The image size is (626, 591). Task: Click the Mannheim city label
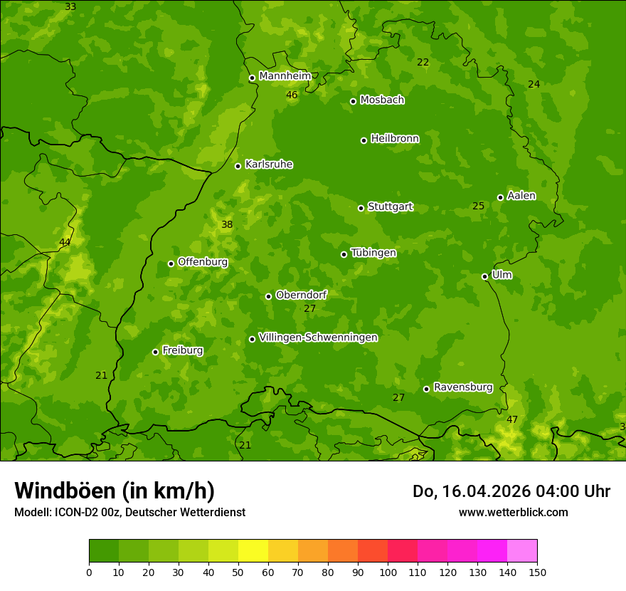pyautogui.click(x=285, y=76)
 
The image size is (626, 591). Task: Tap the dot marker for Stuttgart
pyautogui.click(x=361, y=208)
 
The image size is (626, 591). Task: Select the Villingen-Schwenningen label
pyautogui.click(x=318, y=338)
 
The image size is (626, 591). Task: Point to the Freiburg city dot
pyautogui.click(x=156, y=352)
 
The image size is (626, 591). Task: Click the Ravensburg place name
pyautogui.click(x=463, y=387)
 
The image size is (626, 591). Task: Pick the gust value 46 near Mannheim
pyautogui.click(x=292, y=95)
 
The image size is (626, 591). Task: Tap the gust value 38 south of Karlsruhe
pyautogui.click(x=227, y=224)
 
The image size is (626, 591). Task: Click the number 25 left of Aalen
pyautogui.click(x=479, y=206)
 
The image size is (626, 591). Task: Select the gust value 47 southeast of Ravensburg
pyautogui.click(x=512, y=419)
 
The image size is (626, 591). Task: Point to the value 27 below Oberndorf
pyautogui.click(x=309, y=308)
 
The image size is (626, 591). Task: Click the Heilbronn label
pyautogui.click(x=395, y=139)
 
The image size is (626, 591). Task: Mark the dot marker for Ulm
pyautogui.click(x=485, y=276)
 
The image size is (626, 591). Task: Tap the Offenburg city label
pyautogui.click(x=203, y=262)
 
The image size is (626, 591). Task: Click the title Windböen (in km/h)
pyautogui.click(x=115, y=491)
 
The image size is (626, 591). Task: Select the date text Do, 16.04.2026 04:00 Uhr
pyautogui.click(x=511, y=491)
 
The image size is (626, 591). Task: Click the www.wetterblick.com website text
pyautogui.click(x=513, y=512)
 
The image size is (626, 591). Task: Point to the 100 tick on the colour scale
pyautogui.click(x=388, y=572)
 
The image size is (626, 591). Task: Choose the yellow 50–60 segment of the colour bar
pyautogui.click(x=253, y=551)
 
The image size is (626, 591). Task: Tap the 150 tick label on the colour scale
pyautogui.click(x=537, y=572)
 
